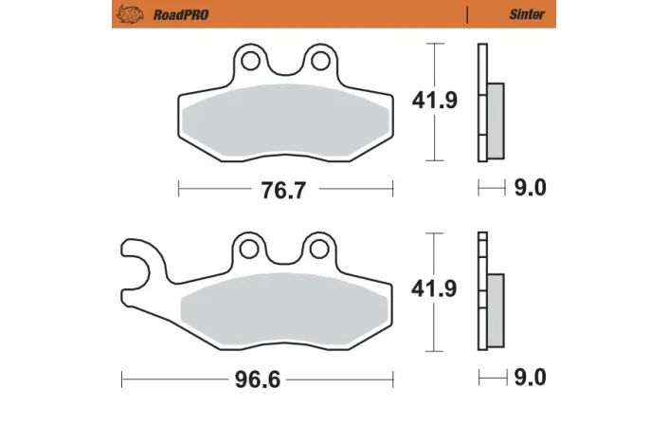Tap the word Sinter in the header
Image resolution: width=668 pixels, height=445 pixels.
point(527,14)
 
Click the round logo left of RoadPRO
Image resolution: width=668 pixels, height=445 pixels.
point(127,14)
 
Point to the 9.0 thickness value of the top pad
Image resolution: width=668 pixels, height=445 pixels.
point(531,188)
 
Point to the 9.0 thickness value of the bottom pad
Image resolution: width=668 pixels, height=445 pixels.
point(531,378)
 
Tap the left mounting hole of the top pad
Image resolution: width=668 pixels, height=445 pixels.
point(252,63)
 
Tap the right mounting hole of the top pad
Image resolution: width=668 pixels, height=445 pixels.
point(316,63)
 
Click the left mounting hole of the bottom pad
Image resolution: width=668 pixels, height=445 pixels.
point(250,250)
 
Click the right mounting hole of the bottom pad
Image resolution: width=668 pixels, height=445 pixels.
point(315,250)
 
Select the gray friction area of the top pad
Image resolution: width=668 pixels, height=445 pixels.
point(284,123)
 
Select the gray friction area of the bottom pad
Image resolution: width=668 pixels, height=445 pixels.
point(284,314)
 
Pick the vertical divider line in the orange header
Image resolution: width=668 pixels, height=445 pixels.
point(467,14)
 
